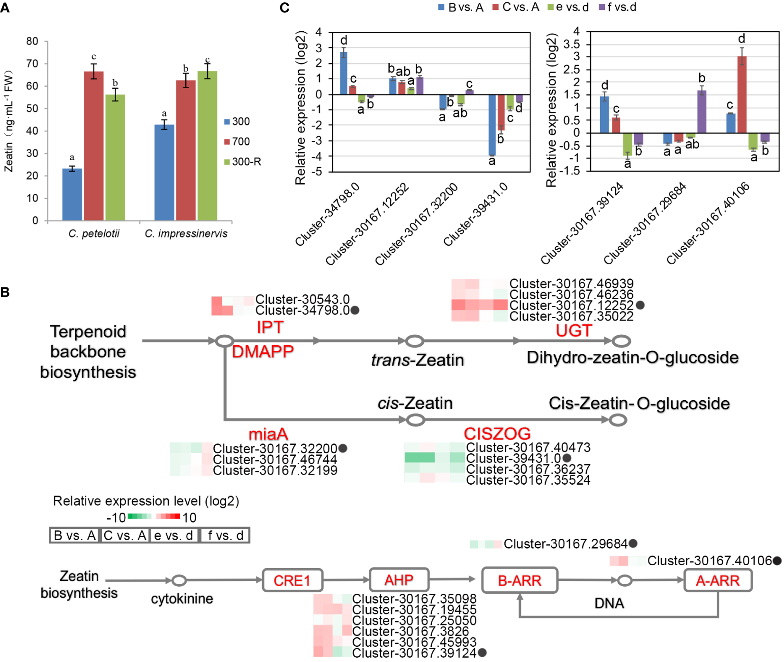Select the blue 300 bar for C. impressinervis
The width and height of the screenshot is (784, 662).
click(164, 173)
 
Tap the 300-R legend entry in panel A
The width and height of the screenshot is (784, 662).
click(243, 162)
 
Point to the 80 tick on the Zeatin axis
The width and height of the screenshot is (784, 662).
click(32, 41)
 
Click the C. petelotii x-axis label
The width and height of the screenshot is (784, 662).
click(94, 233)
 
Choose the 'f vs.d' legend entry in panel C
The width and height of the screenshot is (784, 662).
click(618, 7)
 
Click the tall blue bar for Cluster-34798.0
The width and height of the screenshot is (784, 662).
click(344, 74)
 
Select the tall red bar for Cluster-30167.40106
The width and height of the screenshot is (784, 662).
click(742, 95)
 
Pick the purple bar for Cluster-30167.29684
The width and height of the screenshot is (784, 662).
click(702, 111)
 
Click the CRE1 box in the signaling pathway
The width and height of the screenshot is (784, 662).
click(292, 580)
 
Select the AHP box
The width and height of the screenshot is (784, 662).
click(399, 580)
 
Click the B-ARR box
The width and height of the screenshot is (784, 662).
click(520, 580)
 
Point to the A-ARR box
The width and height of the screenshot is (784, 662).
click(718, 580)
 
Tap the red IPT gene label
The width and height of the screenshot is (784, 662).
click(270, 327)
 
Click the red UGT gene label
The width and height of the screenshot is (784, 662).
click(574, 330)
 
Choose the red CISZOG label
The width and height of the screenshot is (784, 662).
click(497, 433)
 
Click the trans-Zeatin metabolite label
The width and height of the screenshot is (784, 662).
click(417, 360)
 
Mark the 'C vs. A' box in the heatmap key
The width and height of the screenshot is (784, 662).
click(125, 535)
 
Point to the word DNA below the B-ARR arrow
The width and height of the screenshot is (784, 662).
click(609, 603)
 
